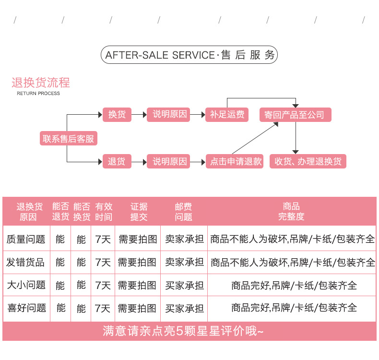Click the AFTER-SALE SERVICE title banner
(189, 55)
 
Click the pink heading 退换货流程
(41, 83)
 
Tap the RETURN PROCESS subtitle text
(38, 93)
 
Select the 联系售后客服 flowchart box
(68, 139)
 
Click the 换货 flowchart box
(117, 115)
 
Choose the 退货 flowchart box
(117, 162)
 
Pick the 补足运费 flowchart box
(227, 115)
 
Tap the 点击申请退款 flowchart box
(236, 162)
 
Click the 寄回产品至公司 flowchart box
(295, 115)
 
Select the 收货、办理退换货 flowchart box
(308, 162)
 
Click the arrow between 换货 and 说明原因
(139, 115)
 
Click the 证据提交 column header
(139, 212)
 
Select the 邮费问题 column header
(183, 212)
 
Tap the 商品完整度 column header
(291, 212)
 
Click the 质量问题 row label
(26, 239)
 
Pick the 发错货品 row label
(26, 262)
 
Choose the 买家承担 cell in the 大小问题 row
(184, 285)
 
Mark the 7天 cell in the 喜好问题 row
(103, 308)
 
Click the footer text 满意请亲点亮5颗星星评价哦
(183, 331)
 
